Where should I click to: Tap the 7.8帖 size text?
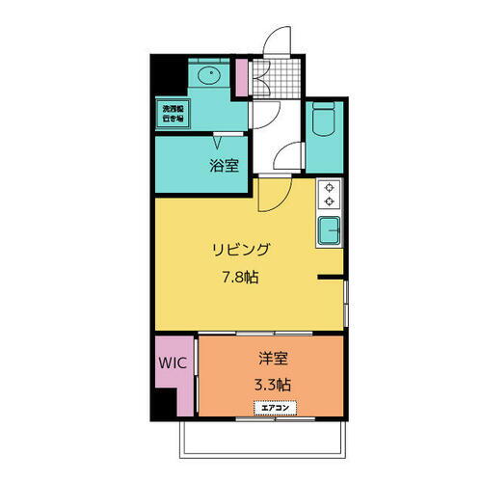(242, 277)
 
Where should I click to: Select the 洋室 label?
(271, 360)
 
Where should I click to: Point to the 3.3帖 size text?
(271, 384)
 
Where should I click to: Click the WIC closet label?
(174, 365)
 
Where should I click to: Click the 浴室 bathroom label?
(224, 165)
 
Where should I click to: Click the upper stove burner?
(330, 188)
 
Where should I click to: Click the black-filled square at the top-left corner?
(166, 75)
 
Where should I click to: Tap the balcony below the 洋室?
(260, 439)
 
